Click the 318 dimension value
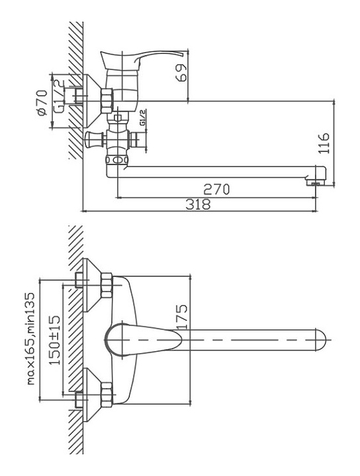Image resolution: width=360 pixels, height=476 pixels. [x=198, y=204]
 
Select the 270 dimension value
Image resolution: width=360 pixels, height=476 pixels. [x=216, y=190]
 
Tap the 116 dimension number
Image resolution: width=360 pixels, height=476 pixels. [x=324, y=143]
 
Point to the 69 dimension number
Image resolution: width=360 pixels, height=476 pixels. [x=181, y=72]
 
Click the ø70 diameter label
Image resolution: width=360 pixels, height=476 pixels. [x=42, y=102]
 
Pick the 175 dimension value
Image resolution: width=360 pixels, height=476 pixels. [x=182, y=317]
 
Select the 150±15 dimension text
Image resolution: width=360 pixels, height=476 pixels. [x=55, y=340]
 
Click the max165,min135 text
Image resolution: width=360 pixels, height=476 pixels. [x=31, y=338]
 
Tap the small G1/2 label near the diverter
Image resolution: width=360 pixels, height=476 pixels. [x=143, y=118]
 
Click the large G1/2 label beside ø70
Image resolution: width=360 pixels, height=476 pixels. [x=60, y=97]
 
